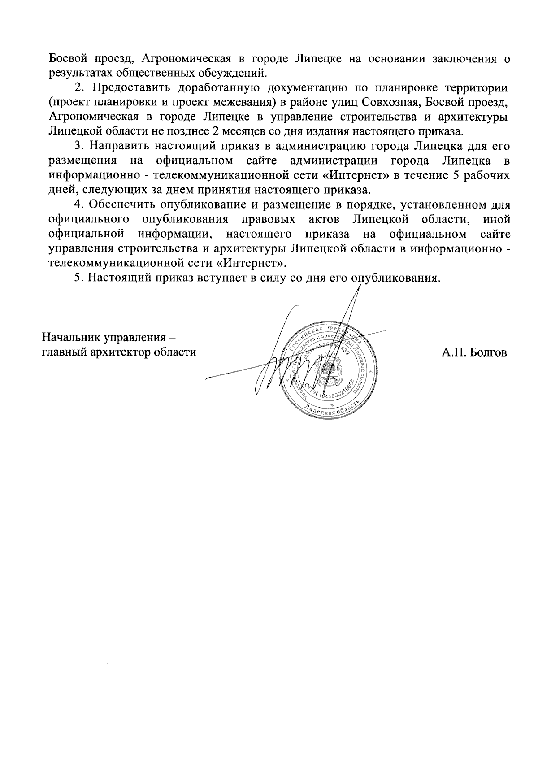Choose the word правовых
268,219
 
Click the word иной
497,219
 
